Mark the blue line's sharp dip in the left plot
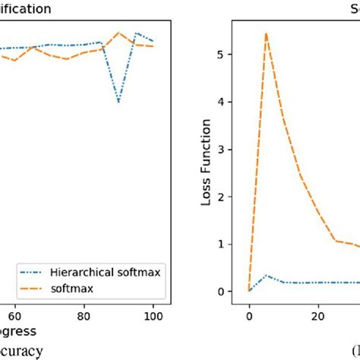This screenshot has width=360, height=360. point(118,102)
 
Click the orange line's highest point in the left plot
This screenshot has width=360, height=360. point(118,33)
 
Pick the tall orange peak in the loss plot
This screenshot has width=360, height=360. point(266,33)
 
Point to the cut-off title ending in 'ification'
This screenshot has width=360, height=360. point(26,10)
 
